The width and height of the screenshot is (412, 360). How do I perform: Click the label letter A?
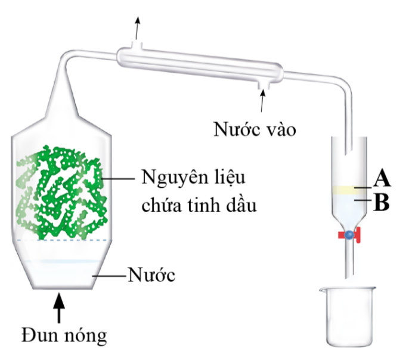coord(382,178)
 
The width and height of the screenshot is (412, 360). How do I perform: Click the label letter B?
coord(382,203)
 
